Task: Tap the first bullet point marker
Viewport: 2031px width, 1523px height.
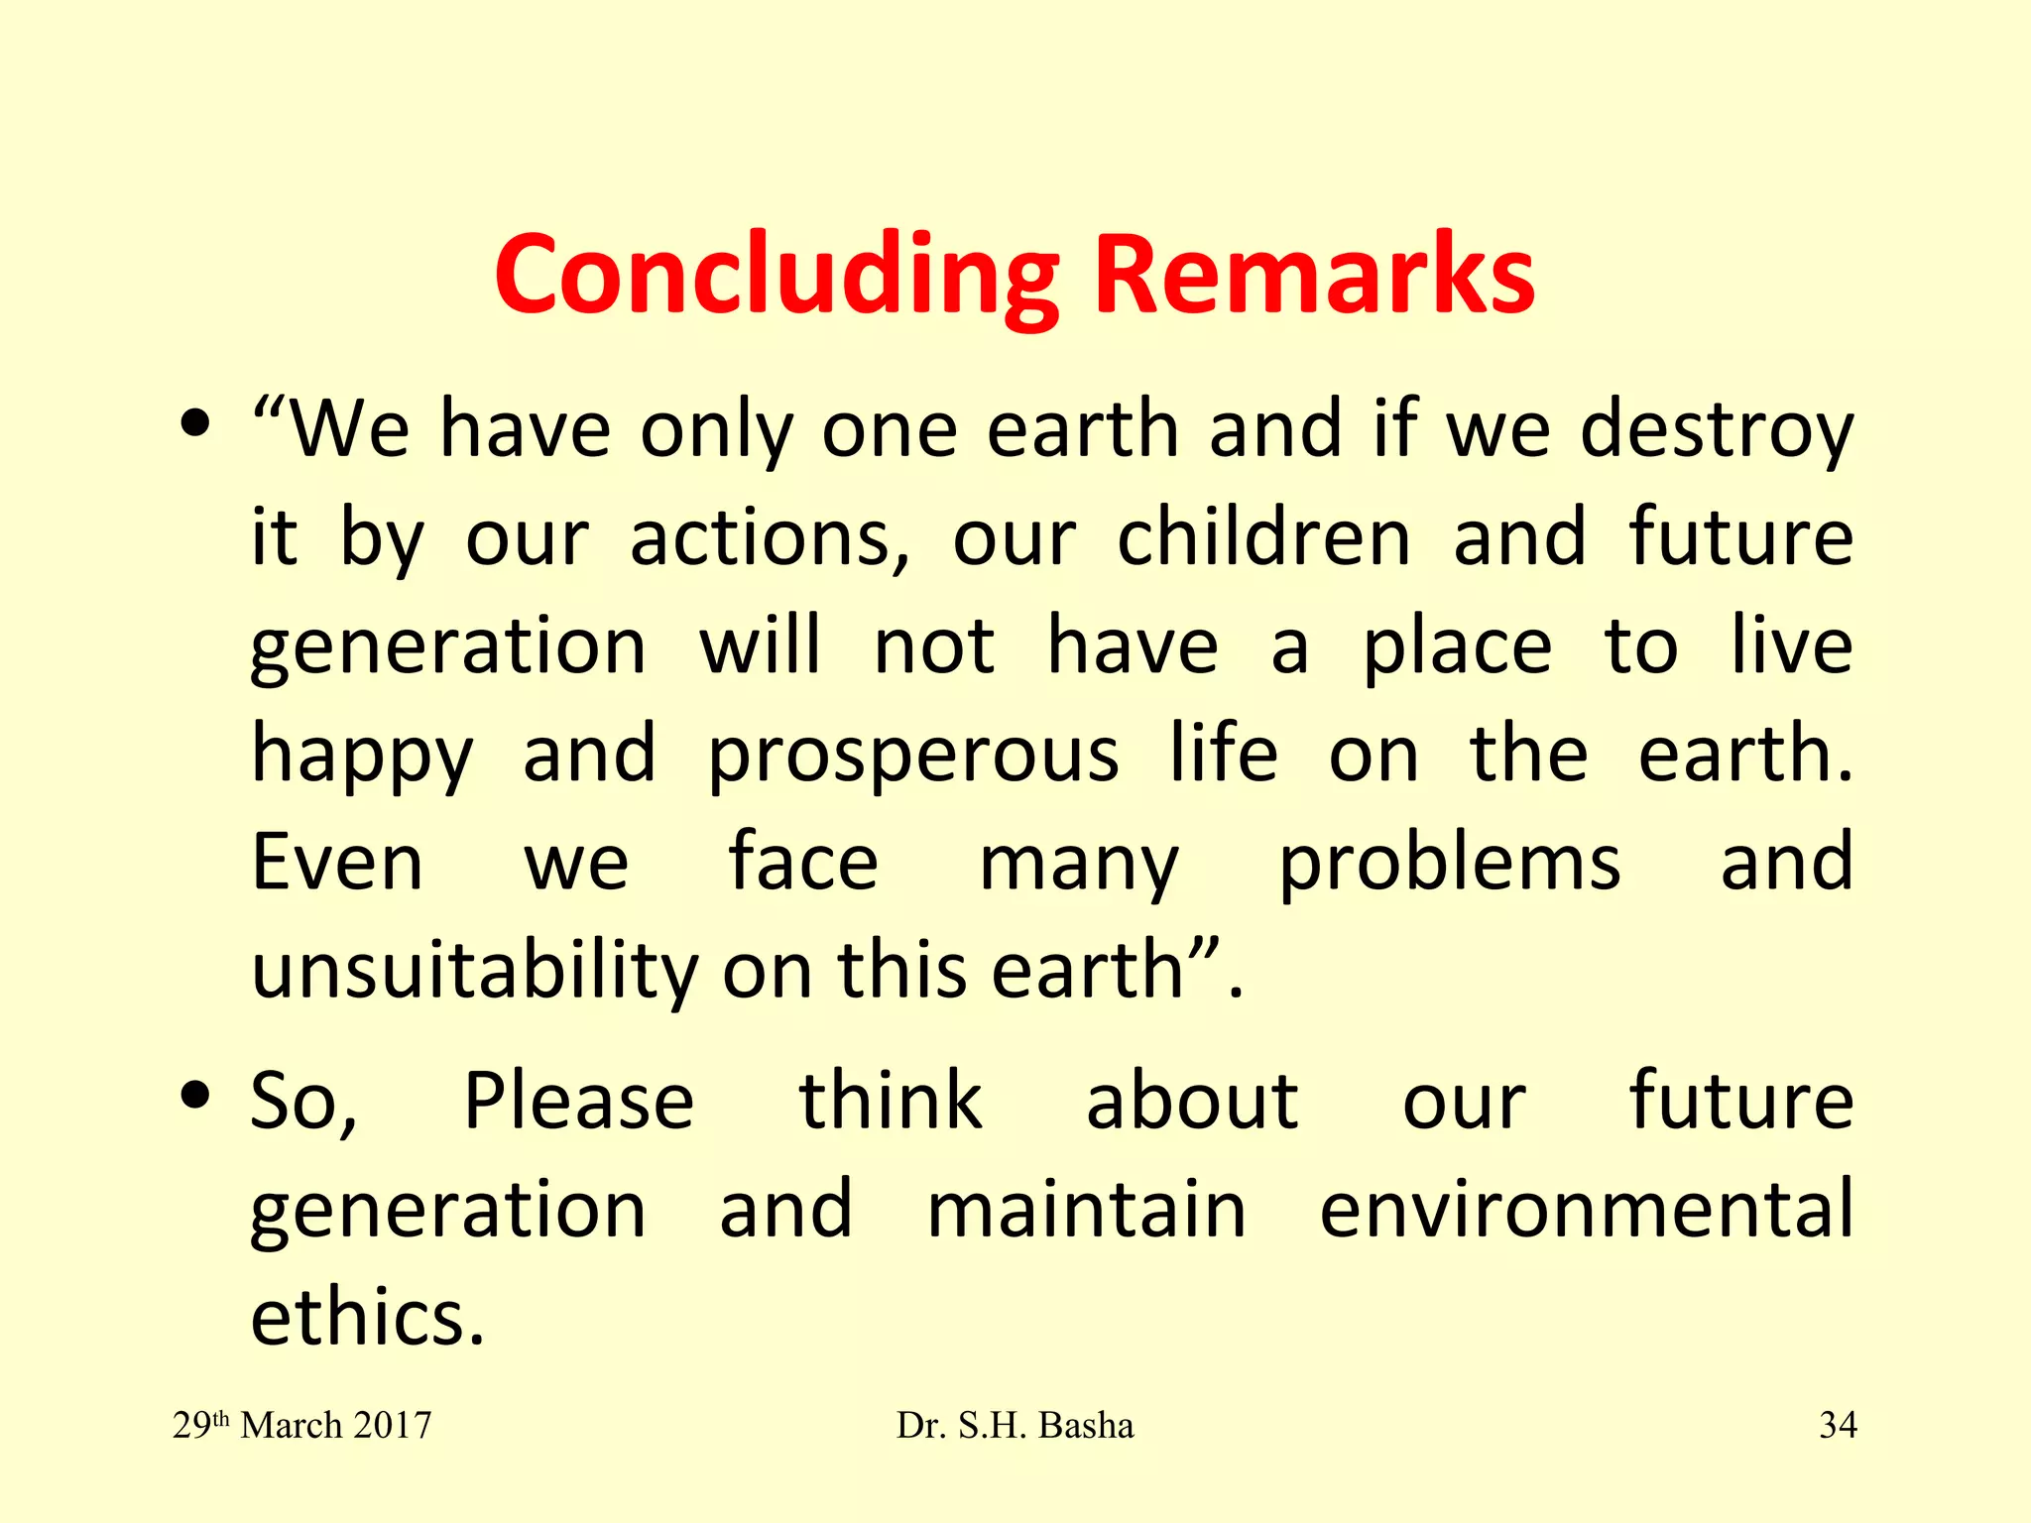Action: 195,423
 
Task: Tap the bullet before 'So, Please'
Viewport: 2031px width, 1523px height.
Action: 195,1096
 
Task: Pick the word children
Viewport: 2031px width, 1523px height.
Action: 1263,538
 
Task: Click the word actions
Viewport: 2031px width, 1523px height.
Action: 769,538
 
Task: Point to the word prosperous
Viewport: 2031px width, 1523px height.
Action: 913,756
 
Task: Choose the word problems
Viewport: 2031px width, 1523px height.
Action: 1449,863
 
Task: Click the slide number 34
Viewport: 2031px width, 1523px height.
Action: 1838,1425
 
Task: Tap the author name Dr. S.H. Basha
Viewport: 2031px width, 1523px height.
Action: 1015,1425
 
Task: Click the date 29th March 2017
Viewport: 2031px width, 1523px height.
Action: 302,1425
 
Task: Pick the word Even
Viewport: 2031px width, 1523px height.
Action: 337,863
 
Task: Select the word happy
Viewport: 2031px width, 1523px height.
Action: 363,756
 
